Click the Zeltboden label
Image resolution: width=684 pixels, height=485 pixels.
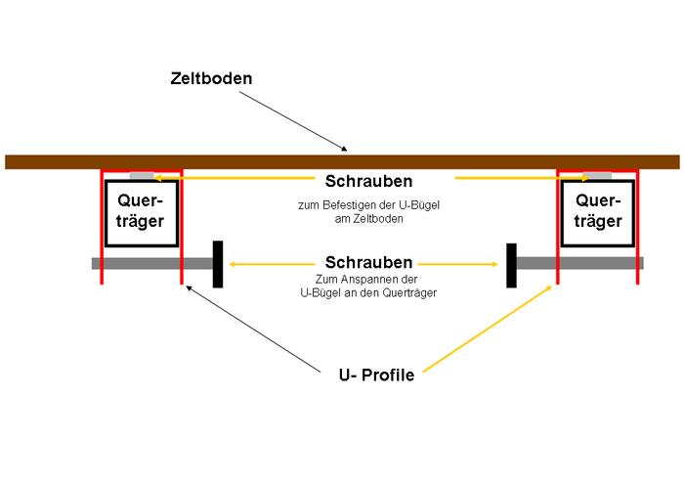point(211,77)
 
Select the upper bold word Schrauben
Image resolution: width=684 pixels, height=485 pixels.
point(368,182)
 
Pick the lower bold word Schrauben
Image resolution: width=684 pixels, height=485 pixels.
point(368,263)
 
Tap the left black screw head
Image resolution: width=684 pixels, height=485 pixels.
point(218,264)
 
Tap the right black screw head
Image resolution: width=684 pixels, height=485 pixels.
point(511,264)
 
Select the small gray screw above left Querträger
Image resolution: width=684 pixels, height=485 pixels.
point(143,176)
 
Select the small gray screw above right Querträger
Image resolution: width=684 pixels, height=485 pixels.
point(597,176)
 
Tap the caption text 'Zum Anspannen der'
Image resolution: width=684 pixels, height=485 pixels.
point(367,281)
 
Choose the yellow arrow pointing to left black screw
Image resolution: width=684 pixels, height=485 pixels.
point(269,264)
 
